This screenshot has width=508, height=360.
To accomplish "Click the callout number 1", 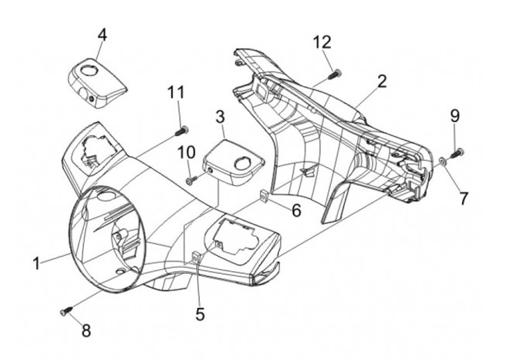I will pyautogui.click(x=36, y=264).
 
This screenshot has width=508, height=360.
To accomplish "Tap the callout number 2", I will pyautogui.click(x=382, y=81).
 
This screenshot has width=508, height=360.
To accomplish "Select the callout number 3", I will pyautogui.click(x=220, y=116).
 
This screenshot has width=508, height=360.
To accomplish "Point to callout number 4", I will pyautogui.click(x=103, y=34).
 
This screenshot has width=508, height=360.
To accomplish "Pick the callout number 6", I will pyautogui.click(x=296, y=210).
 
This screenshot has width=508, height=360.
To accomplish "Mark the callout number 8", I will pyautogui.click(x=86, y=330).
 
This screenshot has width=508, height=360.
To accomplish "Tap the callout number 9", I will pyautogui.click(x=454, y=115).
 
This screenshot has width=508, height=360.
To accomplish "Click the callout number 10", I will pyautogui.click(x=186, y=152).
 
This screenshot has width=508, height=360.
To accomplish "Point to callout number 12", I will pyautogui.click(x=322, y=42).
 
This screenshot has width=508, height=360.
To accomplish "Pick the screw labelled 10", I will pyautogui.click(x=190, y=181).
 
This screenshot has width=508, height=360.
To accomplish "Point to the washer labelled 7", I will pyautogui.click(x=442, y=162).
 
